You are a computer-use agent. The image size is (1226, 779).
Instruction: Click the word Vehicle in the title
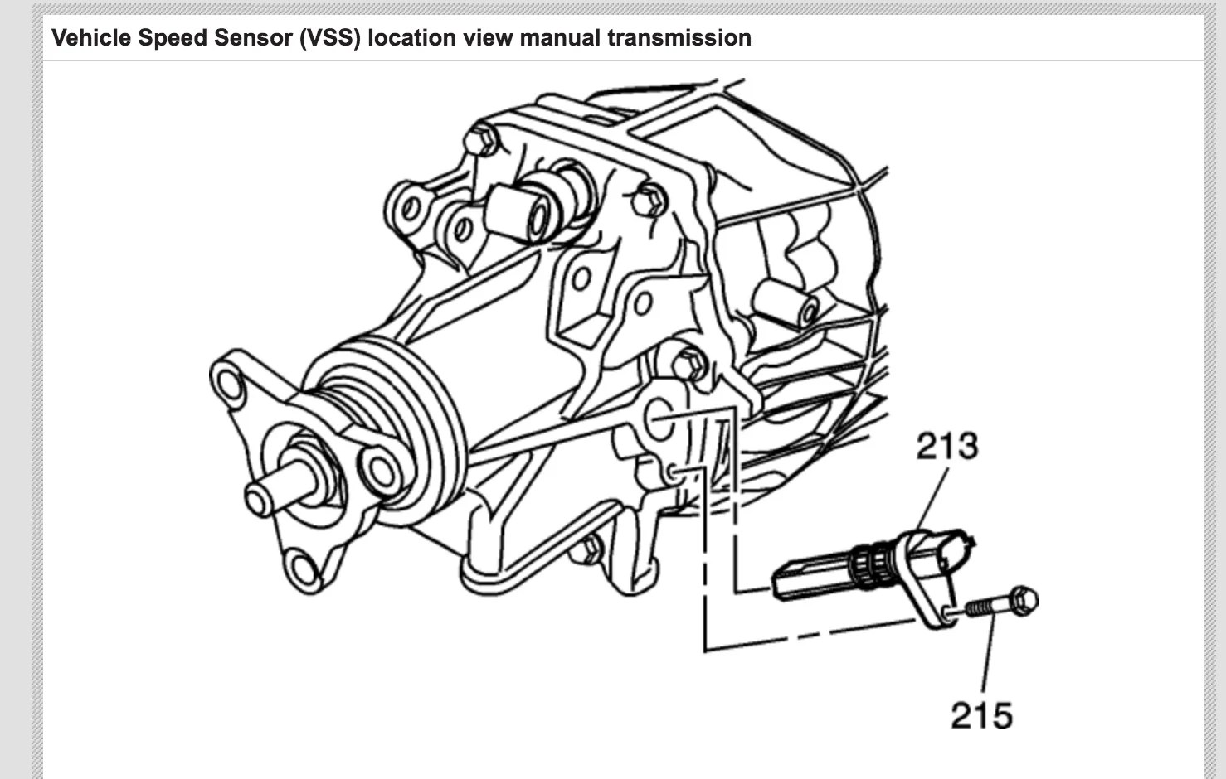[x=90, y=38]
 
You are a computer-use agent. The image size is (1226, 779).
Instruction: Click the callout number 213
[x=946, y=447]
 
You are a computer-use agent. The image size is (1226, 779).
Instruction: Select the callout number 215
[x=981, y=715]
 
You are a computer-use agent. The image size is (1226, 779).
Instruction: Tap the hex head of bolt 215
[x=1024, y=600]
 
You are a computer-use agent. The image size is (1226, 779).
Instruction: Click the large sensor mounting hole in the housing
[x=661, y=419]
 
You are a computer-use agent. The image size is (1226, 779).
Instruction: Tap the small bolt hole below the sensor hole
[x=674, y=473]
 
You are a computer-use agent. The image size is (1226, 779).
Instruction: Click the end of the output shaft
[x=259, y=498]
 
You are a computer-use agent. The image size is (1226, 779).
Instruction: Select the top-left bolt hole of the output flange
[x=226, y=382]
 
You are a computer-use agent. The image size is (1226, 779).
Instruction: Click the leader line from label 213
[x=933, y=497]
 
